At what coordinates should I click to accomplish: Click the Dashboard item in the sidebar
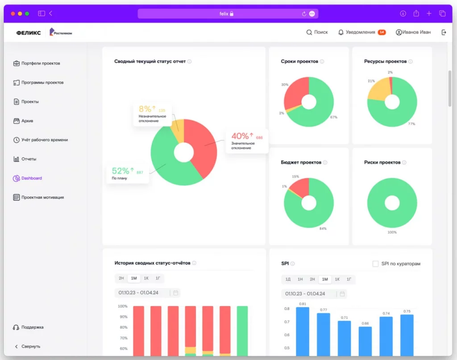coord(31,178)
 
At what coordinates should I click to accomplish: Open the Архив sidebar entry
coord(27,121)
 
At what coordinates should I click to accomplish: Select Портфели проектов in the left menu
coord(40,63)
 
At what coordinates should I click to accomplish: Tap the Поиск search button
coord(317,32)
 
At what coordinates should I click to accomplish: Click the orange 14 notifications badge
coord(382,32)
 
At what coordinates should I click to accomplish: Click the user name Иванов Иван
coord(416,32)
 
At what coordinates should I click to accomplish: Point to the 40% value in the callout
coord(240,136)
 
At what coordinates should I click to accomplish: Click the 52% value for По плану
coord(120,171)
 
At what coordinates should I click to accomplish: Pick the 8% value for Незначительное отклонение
coord(145,109)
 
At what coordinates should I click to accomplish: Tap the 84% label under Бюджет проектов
coord(323,229)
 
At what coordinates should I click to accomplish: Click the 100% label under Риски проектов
coord(392,233)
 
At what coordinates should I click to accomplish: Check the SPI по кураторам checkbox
coord(375,264)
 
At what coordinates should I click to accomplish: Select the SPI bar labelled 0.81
coord(303,331)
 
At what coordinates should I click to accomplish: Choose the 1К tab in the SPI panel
coord(337,279)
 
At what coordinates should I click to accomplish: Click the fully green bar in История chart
coord(242,331)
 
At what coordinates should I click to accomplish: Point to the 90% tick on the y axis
coord(123,317)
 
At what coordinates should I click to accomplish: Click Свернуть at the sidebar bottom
coord(31,346)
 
